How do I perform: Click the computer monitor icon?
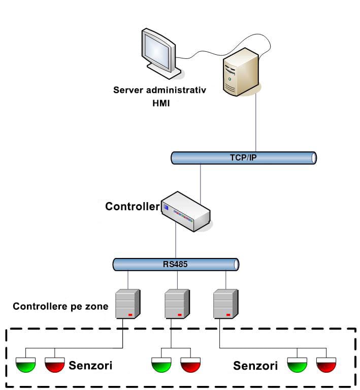tap(160, 53)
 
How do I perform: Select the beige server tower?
tap(241, 72)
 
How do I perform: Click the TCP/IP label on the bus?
tap(243, 158)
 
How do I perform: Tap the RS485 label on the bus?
tap(175, 264)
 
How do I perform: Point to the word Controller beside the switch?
tap(132, 207)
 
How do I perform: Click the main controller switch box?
tap(185, 211)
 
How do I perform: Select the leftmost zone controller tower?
tap(128, 304)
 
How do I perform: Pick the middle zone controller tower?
tap(177, 304)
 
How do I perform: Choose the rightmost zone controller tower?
tap(226, 304)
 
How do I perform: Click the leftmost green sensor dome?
tap(25, 365)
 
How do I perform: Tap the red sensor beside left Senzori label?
tap(55, 365)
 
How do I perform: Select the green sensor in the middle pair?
tap(161, 365)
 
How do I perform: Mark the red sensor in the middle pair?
tap(190, 365)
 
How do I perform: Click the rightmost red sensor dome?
tap(326, 365)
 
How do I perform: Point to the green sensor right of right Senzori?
tap(297, 365)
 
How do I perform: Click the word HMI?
tap(161, 103)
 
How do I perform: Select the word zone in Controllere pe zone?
tap(97, 306)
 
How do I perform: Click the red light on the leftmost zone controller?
tap(130, 315)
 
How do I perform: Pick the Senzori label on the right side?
tap(255, 366)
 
